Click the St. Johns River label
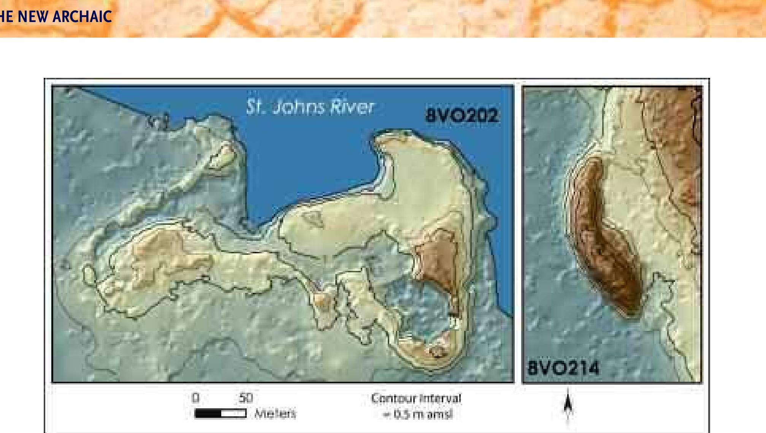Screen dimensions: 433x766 coord(310,107)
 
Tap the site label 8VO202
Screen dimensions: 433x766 coord(461,115)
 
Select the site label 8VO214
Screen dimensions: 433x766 coord(563,368)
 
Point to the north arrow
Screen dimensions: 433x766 coord(568,405)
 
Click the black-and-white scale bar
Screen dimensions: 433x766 coord(220,413)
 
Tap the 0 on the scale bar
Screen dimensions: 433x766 coord(195,398)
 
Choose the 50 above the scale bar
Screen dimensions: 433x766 coord(246,398)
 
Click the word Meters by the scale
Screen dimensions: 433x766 coord(275,413)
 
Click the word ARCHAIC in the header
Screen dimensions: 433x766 coord(82,16)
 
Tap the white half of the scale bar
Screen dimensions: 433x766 coord(233,413)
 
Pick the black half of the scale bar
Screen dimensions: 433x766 coord(208,413)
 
